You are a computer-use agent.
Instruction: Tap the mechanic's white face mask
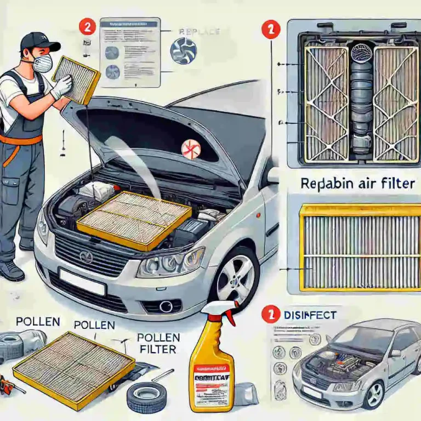point(43,62)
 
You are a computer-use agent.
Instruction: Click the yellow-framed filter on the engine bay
point(134,219)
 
